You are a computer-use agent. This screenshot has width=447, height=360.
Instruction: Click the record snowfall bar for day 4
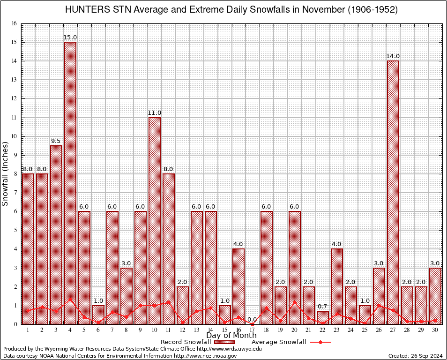pyautogui.click(x=70, y=183)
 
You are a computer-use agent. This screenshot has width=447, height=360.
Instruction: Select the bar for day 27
pyautogui.click(x=393, y=192)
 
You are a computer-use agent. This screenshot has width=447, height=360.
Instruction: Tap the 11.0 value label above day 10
pyautogui.click(x=155, y=113)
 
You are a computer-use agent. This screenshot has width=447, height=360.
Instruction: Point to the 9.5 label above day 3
pyautogui.click(x=56, y=141)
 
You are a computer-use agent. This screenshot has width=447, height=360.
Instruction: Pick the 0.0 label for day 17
pyautogui.click(x=253, y=320)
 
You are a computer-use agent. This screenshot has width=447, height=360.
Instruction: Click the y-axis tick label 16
pyautogui.click(x=14, y=23)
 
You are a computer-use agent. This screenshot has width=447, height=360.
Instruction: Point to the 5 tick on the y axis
pyautogui.click(x=15, y=230)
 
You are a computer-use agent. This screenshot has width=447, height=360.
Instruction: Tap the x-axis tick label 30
pyautogui.click(x=435, y=330)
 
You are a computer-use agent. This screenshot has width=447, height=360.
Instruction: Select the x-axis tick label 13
pyautogui.click(x=197, y=330)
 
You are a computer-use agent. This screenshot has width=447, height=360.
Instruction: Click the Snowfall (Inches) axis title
pyautogui.click(x=6, y=174)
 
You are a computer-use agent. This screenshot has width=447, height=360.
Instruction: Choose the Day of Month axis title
pyautogui.click(x=231, y=335)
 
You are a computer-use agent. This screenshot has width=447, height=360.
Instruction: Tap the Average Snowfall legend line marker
pyautogui.click(x=320, y=342)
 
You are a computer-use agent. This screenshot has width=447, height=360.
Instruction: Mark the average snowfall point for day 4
pyautogui.click(x=70, y=299)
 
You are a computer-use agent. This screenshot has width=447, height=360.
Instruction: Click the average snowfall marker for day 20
pyautogui.click(x=295, y=302)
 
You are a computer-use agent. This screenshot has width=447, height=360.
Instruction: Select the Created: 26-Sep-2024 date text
pyautogui.click(x=415, y=356)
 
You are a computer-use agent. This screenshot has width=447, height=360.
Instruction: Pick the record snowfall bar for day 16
pyautogui.click(x=238, y=286)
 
